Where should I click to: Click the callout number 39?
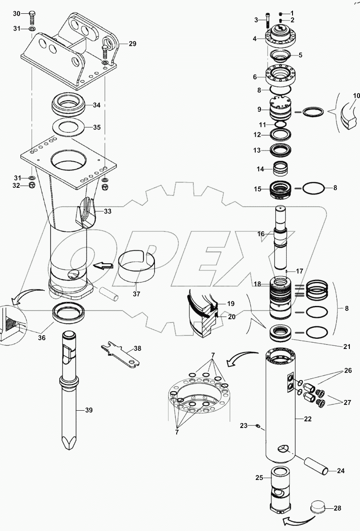pos(89,410)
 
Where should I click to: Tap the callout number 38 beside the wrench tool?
pos(137,349)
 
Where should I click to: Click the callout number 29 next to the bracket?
pos(132,44)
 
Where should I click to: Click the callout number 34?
pos(97,105)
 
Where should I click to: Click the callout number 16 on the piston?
pos(261,233)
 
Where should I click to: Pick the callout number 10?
pos(357,95)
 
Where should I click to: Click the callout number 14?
pos(261,169)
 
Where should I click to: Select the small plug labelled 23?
pos(258,427)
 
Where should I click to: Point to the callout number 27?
pos(347,403)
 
